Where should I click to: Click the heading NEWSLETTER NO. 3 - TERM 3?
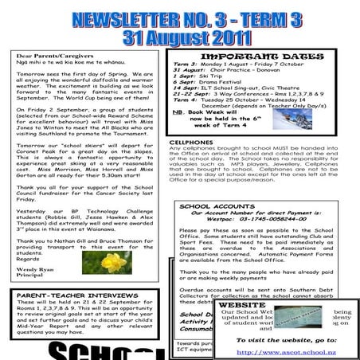pos(180,21)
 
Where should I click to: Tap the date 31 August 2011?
pos(180,38)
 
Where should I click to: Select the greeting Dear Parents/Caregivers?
pos(47,57)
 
